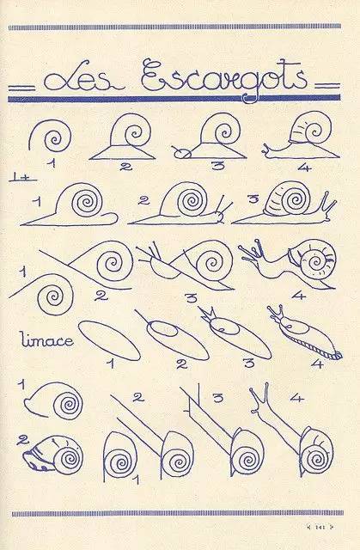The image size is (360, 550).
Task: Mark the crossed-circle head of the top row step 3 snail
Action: [x=180, y=155]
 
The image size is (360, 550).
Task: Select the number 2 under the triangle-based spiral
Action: [x=125, y=167]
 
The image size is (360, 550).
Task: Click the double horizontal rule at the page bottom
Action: [x=180, y=515]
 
